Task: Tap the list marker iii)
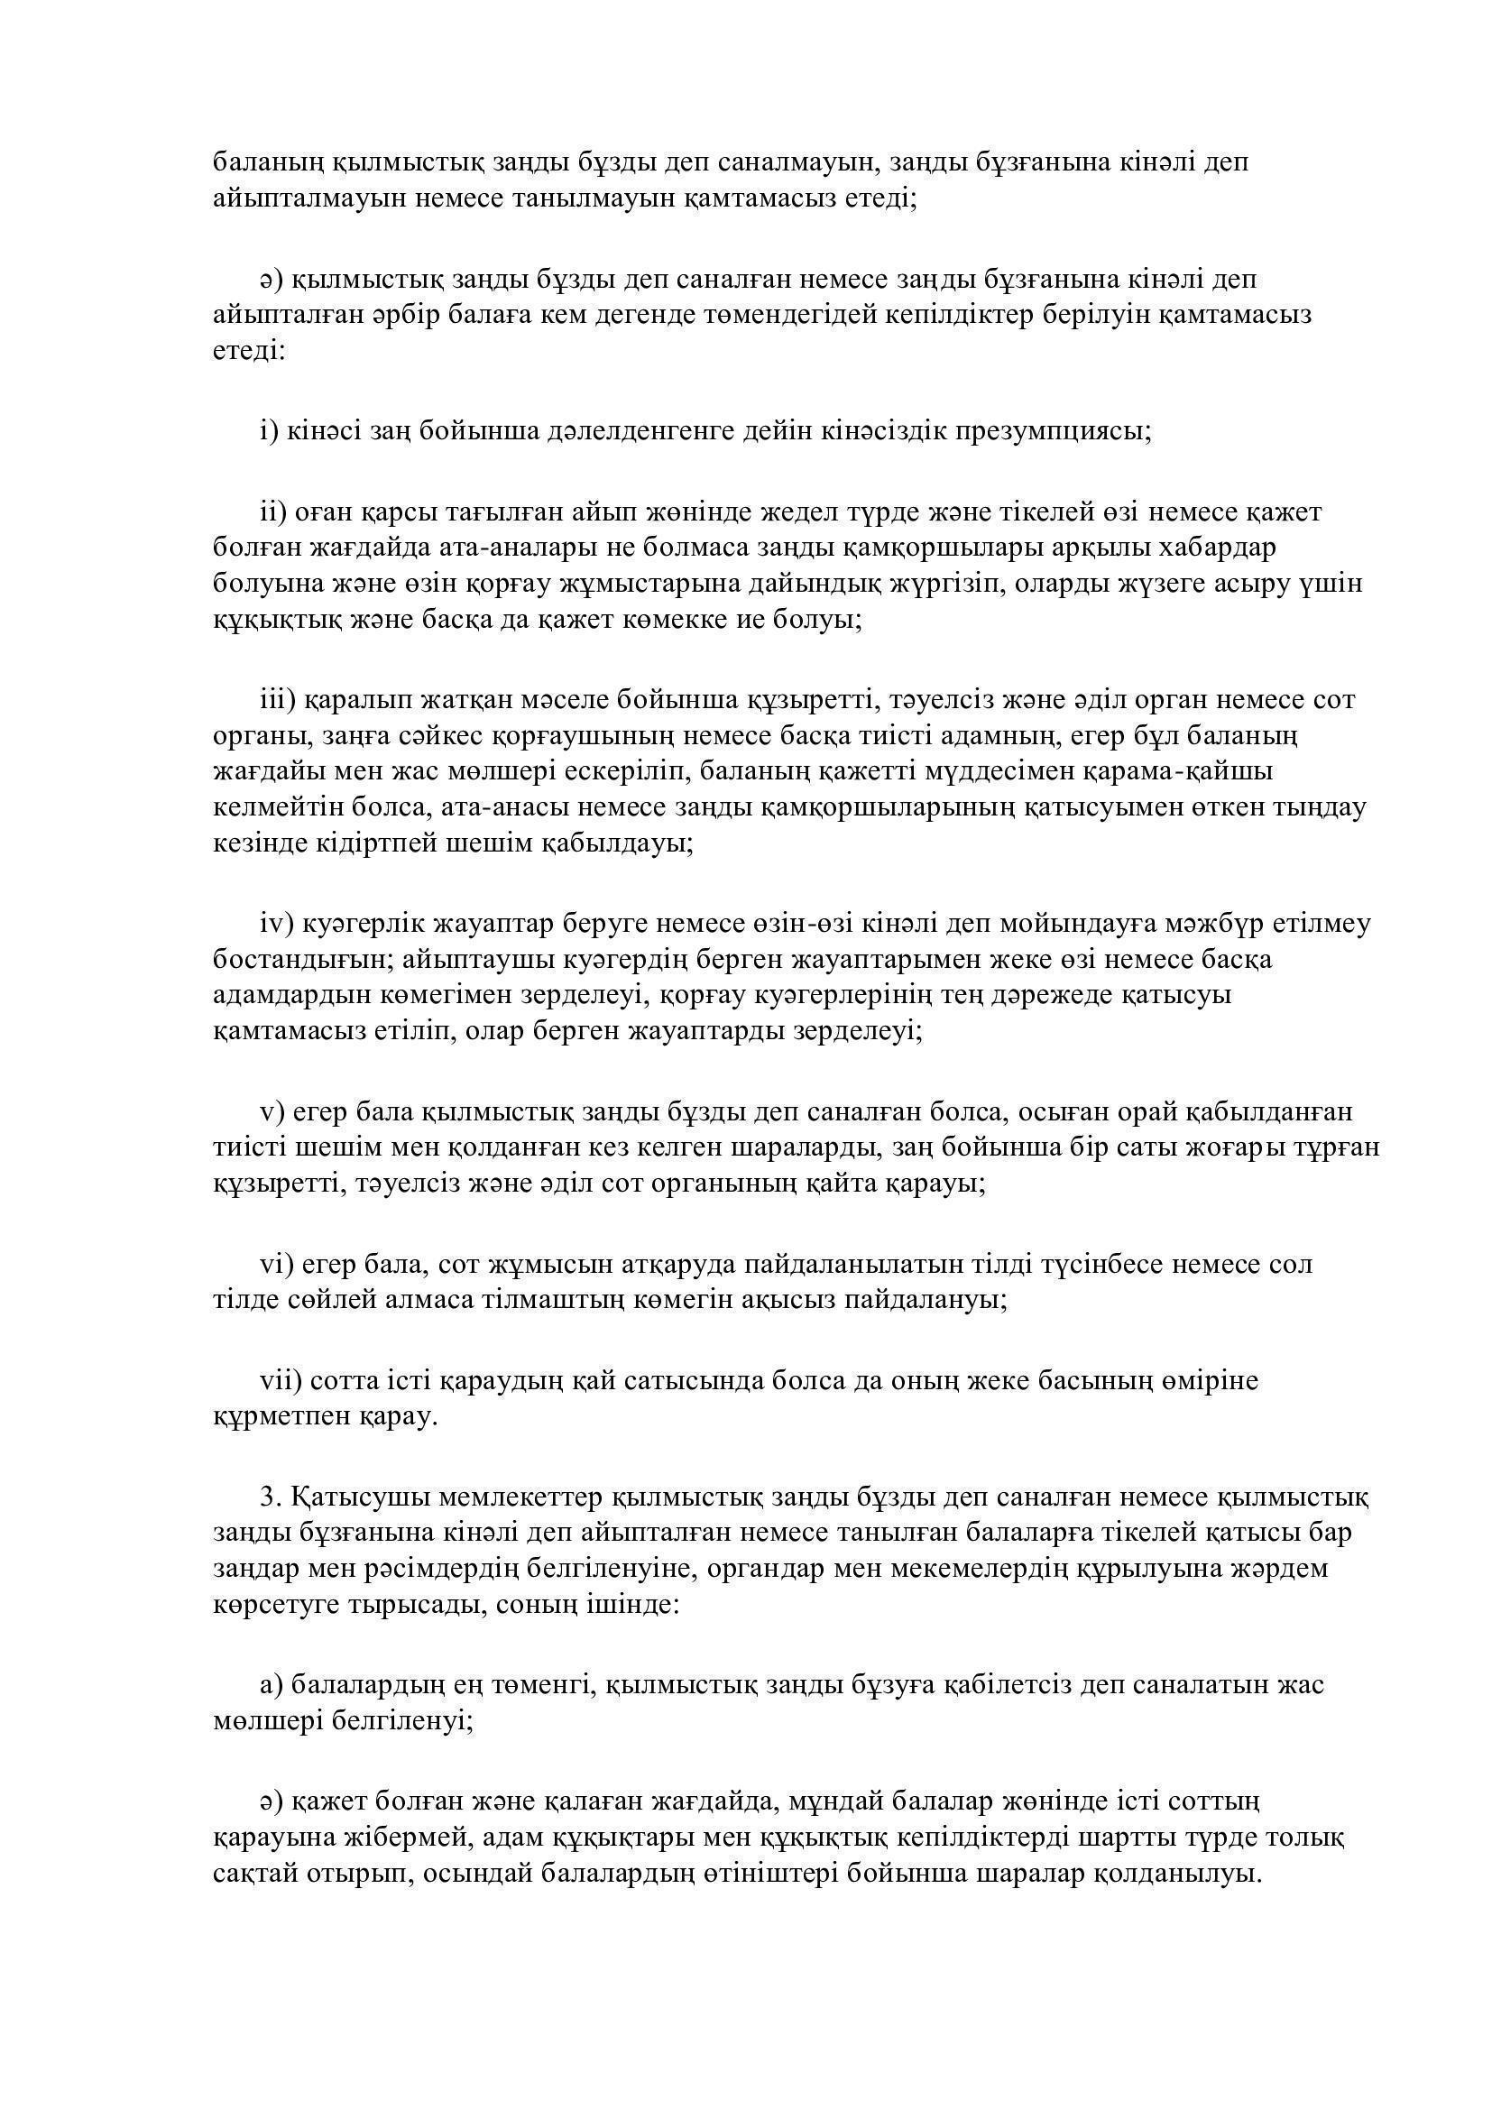point(277,700)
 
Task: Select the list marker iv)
point(276,924)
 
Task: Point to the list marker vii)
point(281,1380)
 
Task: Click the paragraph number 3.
point(270,1497)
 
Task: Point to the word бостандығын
point(293,960)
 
